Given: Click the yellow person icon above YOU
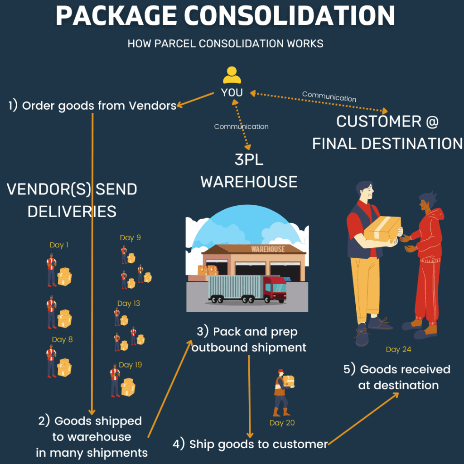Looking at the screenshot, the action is [232, 75].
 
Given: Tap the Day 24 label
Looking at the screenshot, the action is [398, 349].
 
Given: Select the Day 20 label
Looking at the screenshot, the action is [282, 423].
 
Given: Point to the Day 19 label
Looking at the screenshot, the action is [130, 365].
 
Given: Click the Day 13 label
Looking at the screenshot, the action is [128, 303].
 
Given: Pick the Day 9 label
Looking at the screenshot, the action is [130, 237].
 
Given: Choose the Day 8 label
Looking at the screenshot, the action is [62, 339].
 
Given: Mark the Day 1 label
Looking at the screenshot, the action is [59, 245].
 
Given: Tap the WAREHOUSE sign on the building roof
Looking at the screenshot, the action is [268, 249].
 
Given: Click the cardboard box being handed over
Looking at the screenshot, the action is [382, 229].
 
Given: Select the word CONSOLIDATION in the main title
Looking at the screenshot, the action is [289, 16].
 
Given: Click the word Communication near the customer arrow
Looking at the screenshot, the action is [329, 97].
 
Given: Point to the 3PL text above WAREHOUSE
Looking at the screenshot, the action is [249, 160].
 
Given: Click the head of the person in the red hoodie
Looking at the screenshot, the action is [428, 202].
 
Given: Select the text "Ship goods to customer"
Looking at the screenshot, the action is [258, 445].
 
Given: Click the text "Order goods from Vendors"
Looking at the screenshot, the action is [99, 106].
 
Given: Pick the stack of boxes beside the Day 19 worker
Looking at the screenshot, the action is [128, 387].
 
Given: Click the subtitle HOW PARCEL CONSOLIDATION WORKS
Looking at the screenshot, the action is [225, 43].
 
